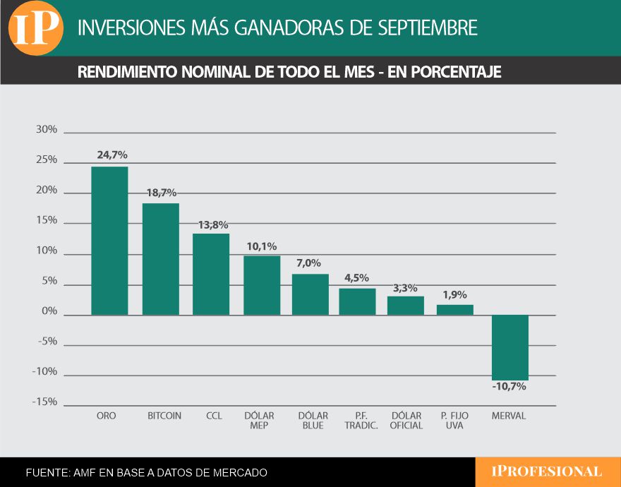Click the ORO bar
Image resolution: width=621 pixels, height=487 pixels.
coord(109,241)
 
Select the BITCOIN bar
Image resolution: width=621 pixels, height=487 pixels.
coord(161,259)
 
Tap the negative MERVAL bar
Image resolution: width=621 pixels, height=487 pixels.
coord(510,347)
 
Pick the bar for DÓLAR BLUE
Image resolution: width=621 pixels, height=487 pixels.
coord(310,294)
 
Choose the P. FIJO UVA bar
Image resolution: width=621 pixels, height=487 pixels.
coord(455,310)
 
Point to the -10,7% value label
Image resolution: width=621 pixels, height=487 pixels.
coord(510,387)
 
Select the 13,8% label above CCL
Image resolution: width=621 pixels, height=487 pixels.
coord(212,225)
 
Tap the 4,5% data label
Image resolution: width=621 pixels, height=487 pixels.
coord(357,278)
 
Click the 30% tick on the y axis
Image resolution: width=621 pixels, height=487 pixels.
coord(47,130)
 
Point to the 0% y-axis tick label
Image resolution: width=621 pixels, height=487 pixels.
coord(49,312)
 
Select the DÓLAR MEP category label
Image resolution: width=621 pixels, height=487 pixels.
coord(259,421)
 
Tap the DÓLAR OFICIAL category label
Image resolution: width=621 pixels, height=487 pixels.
coord(406,421)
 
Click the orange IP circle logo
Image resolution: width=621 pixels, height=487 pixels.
coord(36,28)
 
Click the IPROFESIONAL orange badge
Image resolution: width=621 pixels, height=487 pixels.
coord(547,472)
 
